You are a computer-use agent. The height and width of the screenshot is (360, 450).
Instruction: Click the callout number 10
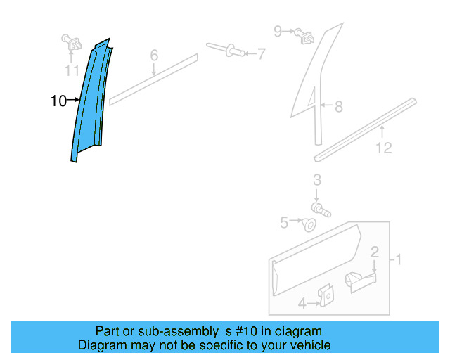[58, 101]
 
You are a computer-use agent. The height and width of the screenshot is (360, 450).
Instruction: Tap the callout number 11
[72, 70]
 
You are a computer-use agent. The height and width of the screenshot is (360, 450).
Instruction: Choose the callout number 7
[261, 53]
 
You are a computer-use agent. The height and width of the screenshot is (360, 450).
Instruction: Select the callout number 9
[278, 31]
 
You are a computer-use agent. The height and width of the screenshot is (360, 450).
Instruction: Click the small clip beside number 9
[303, 33]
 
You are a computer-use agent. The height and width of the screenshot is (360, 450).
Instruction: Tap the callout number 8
[338, 107]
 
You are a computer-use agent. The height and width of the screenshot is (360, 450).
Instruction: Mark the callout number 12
[383, 148]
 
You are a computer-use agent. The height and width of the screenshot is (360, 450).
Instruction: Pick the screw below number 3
[321, 209]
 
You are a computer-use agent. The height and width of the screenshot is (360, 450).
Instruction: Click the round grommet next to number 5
[308, 224]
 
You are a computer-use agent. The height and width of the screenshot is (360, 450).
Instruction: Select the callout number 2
[375, 252]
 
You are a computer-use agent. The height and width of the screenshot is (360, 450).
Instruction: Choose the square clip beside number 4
[326, 297]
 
